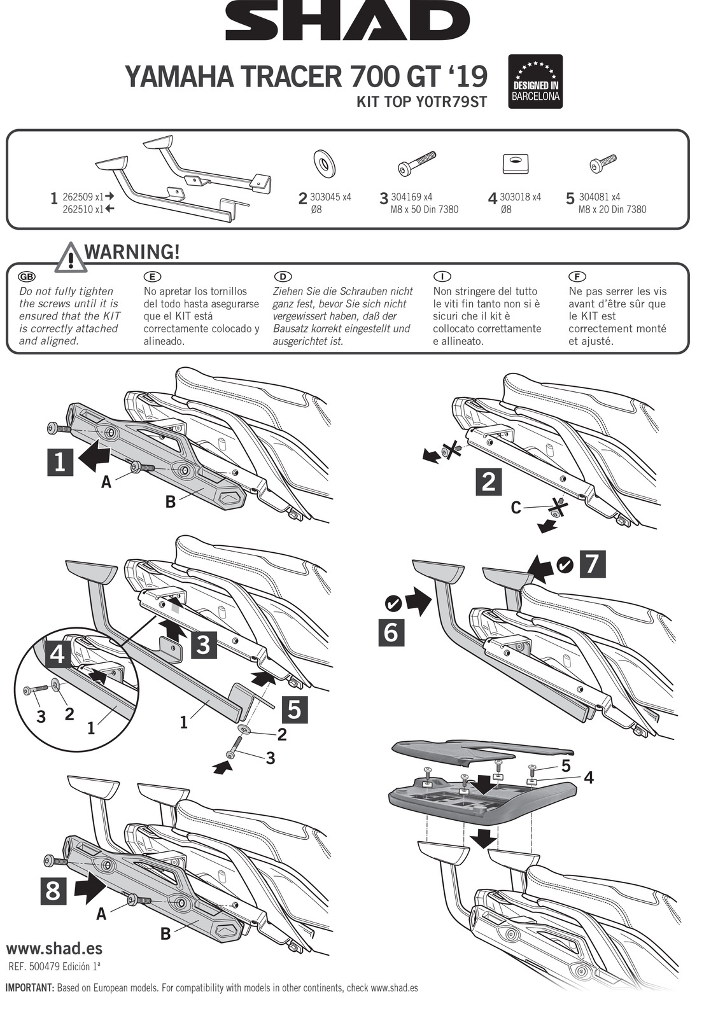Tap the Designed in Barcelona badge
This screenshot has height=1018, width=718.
(x=535, y=81)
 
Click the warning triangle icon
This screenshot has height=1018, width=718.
(x=71, y=258)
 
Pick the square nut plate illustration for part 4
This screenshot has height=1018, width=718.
(x=516, y=164)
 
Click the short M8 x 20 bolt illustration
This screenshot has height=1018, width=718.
(x=603, y=164)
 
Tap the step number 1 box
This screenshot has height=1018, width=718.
(x=60, y=461)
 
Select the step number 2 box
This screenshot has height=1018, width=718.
(x=489, y=482)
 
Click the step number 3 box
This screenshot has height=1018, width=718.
(x=203, y=645)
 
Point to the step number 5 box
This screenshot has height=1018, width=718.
(x=294, y=709)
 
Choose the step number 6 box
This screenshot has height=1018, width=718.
(x=391, y=632)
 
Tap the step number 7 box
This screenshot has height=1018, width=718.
(x=592, y=564)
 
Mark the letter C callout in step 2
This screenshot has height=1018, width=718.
(x=516, y=508)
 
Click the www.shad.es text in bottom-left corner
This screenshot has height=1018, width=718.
(x=54, y=948)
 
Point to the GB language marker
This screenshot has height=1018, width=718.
(x=27, y=277)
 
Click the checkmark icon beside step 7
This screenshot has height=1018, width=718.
(x=565, y=564)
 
